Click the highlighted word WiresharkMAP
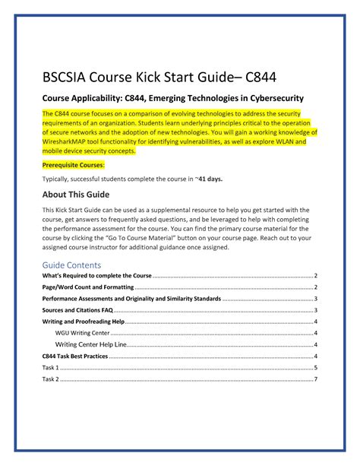click(x=70, y=141)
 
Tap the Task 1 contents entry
click(x=51, y=368)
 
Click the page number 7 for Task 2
click(x=314, y=379)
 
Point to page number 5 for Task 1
click(x=314, y=368)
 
